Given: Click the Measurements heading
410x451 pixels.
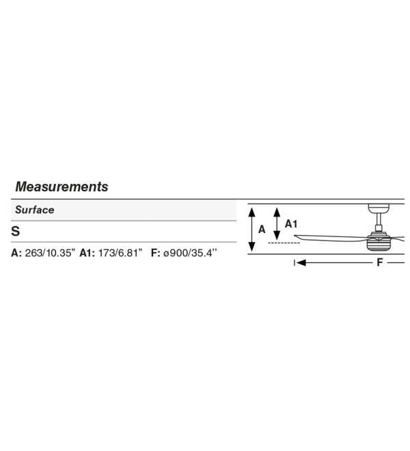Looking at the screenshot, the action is [61, 187].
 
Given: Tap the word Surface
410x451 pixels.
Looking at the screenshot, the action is [35, 210].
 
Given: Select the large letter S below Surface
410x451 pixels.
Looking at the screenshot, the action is [16, 231].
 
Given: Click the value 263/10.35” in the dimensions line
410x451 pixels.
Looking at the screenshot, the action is [50, 253].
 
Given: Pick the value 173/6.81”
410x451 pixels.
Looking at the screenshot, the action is [120, 253].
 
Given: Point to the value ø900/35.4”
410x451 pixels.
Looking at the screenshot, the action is [190, 253].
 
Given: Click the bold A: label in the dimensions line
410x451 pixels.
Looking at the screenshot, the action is [16, 253].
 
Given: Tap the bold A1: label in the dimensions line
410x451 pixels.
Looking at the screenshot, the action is [87, 253].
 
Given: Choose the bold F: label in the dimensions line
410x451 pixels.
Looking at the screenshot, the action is [156, 253].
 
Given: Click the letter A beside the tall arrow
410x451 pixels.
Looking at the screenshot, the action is [262, 230].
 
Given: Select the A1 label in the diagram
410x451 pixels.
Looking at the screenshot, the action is [291, 223].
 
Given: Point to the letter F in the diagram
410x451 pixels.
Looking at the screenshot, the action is [380, 262].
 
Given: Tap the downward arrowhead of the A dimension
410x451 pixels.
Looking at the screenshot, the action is [251, 247].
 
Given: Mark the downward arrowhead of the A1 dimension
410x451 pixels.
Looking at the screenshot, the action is [277, 236].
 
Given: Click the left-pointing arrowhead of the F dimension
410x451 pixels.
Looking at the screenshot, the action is [301, 262].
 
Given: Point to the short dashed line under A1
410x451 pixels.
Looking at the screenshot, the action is [284, 243].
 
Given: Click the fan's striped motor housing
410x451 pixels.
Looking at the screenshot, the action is [379, 243].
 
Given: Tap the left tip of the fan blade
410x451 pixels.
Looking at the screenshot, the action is [295, 236].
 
